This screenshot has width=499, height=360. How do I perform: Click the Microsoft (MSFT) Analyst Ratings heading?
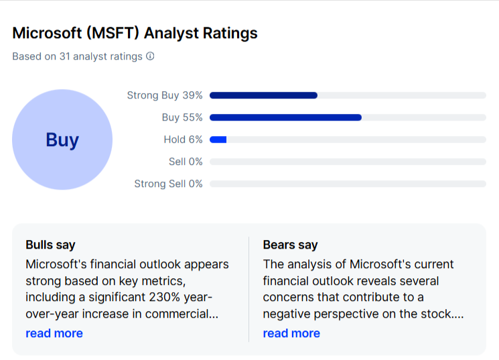[135, 33]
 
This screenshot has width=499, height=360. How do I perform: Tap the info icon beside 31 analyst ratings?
[150, 56]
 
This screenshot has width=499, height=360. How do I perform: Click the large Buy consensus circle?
[62, 139]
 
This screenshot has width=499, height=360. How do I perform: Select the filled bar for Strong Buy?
[263, 95]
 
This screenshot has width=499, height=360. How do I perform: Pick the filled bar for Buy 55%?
[285, 117]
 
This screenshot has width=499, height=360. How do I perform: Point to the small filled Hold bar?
[218, 139]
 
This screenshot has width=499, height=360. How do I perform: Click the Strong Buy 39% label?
[164, 95]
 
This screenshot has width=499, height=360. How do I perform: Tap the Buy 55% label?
[182, 117]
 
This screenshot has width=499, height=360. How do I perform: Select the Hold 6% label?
[183, 139]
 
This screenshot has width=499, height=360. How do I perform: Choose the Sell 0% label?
[186, 162]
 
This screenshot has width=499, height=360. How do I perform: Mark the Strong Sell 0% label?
[168, 184]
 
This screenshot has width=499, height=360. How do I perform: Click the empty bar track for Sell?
[348, 162]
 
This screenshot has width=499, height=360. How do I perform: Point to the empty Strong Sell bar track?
[348, 184]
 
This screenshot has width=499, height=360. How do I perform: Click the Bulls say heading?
[50, 245]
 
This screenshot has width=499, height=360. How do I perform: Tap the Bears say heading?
[290, 245]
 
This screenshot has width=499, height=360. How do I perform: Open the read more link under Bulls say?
[54, 333]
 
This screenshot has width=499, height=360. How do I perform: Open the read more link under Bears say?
[291, 333]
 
